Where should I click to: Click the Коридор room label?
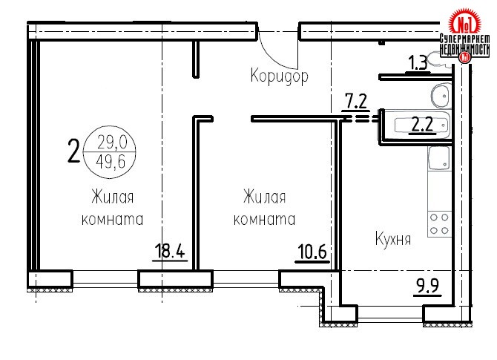point(279,76)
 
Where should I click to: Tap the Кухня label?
point(393,238)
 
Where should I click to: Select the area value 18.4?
point(170,251)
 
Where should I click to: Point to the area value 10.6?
point(312,252)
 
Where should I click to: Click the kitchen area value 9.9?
point(427,285)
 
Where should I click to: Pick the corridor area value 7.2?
point(355,101)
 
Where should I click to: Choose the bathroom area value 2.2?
point(422,125)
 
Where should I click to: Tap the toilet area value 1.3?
point(418,63)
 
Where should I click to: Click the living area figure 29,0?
point(112,142)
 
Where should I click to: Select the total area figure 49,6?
point(111,163)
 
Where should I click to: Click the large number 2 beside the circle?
point(73,151)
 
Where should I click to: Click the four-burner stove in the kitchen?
point(439,224)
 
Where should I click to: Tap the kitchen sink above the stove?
point(439,158)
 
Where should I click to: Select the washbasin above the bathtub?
point(441,96)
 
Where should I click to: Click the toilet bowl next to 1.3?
point(438,59)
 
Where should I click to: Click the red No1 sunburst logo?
point(465,22)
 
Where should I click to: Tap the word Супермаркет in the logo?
point(464,39)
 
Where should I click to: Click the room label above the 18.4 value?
point(113,208)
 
